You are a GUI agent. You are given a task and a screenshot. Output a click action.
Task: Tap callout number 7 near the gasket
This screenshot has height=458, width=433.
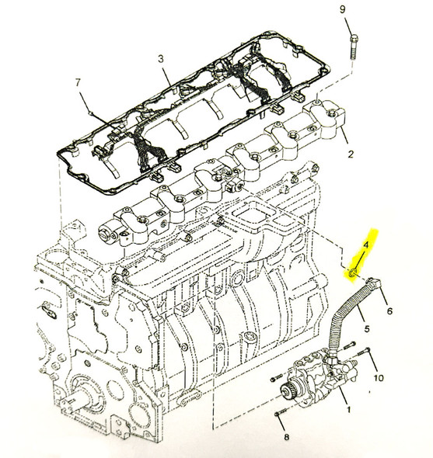[x=78, y=82]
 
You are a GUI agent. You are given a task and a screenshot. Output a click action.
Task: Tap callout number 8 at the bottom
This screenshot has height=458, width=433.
[x=285, y=438]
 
